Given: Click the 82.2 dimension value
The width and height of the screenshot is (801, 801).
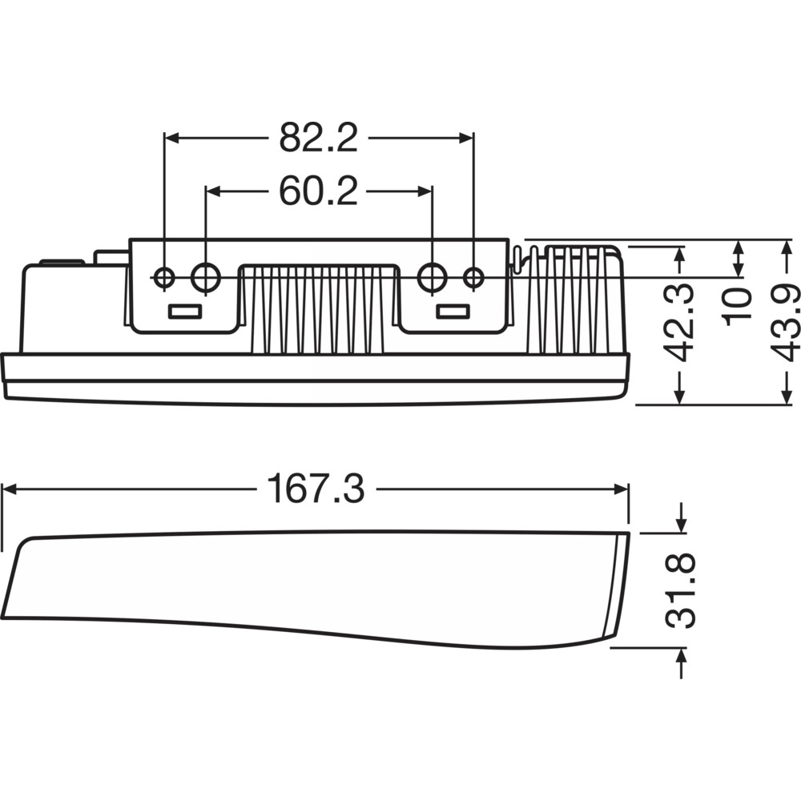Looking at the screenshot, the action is pyautogui.click(x=318, y=138).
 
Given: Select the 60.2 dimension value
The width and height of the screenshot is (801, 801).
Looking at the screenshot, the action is pyautogui.click(x=318, y=191).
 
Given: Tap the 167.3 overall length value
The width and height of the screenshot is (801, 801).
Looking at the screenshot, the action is pyautogui.click(x=316, y=489).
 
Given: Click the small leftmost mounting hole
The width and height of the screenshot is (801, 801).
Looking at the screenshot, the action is pyautogui.click(x=164, y=278).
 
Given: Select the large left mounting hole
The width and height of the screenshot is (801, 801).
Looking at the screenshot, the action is pyautogui.click(x=206, y=277).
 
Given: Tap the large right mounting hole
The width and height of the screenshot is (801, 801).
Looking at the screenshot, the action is pyautogui.click(x=433, y=277).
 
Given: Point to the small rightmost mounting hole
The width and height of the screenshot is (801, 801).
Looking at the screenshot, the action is pyautogui.click(x=473, y=278).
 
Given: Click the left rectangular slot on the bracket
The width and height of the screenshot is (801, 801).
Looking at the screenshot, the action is pyautogui.click(x=185, y=311).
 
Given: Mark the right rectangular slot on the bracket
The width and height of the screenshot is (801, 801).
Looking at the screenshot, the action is pyautogui.click(x=453, y=311).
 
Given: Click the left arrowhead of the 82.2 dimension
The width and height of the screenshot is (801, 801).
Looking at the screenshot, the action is pyautogui.click(x=172, y=138).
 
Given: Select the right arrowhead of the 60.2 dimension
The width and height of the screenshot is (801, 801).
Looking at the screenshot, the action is pyautogui.click(x=425, y=191).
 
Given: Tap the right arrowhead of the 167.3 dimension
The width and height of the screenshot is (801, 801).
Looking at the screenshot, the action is pyautogui.click(x=621, y=489).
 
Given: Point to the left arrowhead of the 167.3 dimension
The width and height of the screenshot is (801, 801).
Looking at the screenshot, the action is pyautogui.click(x=10, y=489).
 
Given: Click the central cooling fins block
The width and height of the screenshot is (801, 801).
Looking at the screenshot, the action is pyautogui.click(x=317, y=309).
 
